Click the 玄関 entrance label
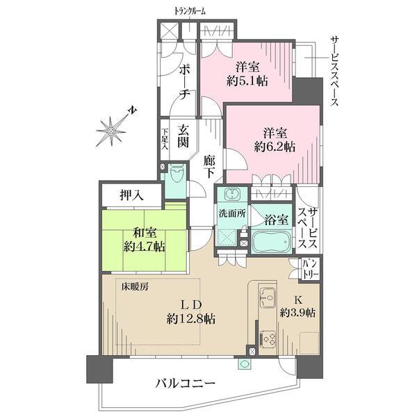183,136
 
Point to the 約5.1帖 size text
247,81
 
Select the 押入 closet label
131,196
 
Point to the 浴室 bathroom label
275,220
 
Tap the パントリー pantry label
309,268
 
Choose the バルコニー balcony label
185,383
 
